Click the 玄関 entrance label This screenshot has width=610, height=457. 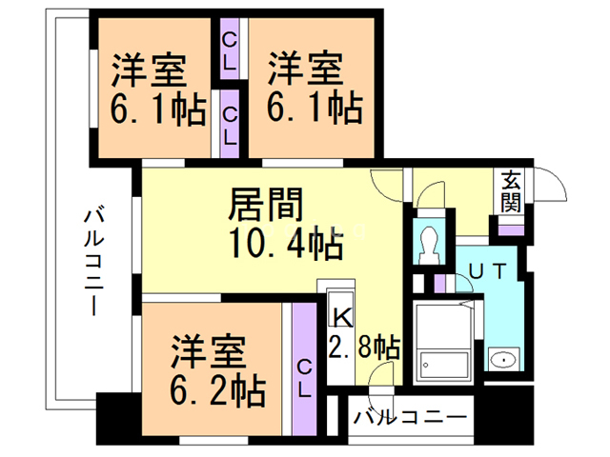(511, 191)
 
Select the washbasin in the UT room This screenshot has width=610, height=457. (501, 360)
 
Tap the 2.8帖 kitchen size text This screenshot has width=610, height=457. (364, 345)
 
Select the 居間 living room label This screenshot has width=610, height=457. (267, 205)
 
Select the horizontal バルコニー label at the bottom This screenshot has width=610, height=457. (409, 417)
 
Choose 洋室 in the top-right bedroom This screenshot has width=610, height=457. (304, 70)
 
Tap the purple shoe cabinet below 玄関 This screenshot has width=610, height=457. (512, 228)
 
